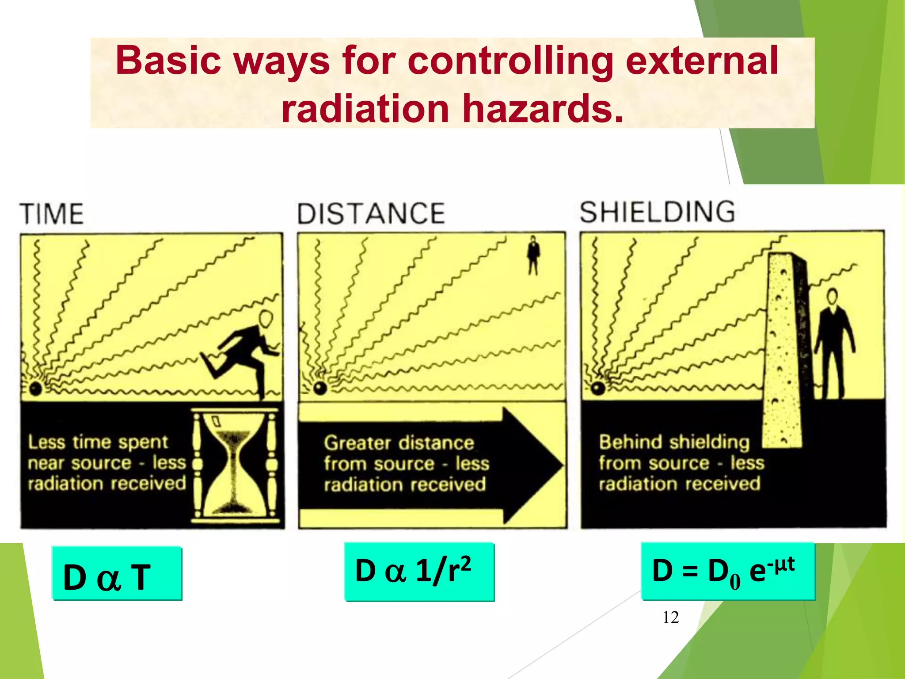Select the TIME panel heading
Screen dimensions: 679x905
coord(52,214)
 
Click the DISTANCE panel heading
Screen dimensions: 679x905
coord(371,214)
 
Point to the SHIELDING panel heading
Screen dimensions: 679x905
coord(657,212)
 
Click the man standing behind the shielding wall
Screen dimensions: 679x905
coord(833,345)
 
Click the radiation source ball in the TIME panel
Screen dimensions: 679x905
coord(35,389)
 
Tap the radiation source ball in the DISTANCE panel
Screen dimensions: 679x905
coord(320,388)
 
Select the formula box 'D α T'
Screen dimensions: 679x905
coord(117,574)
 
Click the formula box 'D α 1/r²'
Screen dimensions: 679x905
coord(419,572)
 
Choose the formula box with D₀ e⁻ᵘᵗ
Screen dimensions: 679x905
coord(727,571)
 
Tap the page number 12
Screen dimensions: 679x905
coord(670,617)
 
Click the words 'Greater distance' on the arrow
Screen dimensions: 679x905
coord(399,442)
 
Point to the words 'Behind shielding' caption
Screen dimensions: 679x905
coord(674,442)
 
